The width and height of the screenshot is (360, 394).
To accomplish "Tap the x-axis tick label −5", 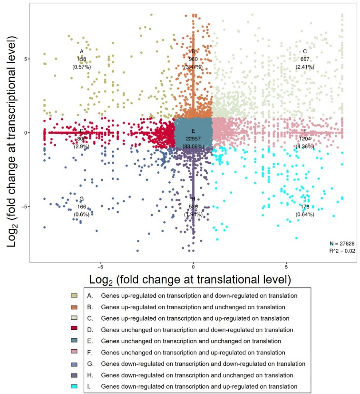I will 99,267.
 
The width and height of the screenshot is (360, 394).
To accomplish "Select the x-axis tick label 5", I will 287,267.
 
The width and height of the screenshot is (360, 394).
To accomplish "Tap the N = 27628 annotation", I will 342,244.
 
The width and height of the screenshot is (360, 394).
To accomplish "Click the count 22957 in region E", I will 193,138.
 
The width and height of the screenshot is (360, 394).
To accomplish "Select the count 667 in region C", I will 305,59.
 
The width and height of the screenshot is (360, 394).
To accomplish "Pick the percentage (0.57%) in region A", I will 81,67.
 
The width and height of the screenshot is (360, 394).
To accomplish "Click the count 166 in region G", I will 81,207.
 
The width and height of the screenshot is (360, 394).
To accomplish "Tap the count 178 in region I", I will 305,207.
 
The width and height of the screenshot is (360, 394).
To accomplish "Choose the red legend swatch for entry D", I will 73,329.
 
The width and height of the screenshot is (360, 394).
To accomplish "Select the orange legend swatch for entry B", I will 73,307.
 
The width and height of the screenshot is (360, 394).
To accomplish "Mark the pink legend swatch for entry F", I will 73,352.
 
